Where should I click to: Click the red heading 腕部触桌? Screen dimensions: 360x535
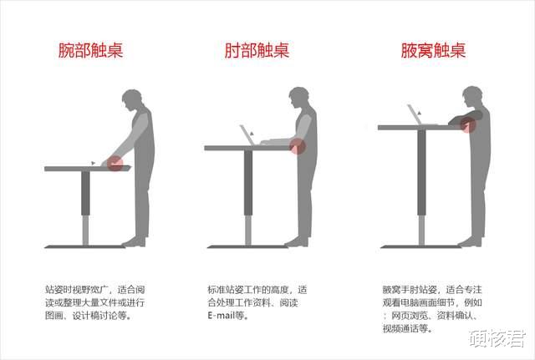point(90,50)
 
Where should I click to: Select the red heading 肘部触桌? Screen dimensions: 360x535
point(257,50)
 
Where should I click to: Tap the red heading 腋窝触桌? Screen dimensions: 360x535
point(432,50)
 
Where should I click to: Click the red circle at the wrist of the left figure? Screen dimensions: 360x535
point(115,163)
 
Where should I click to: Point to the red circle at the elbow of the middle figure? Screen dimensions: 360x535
point(298,146)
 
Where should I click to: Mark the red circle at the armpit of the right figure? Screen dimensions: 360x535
point(468,125)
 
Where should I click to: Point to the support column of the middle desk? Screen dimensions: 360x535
point(248,197)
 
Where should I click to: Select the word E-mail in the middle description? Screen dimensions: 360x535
point(221,316)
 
